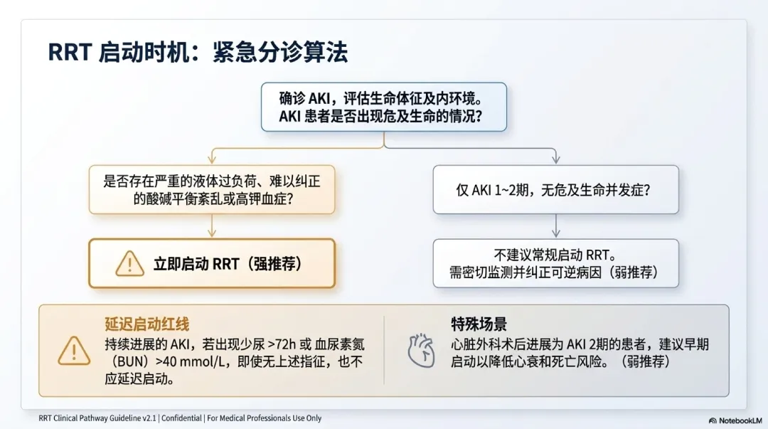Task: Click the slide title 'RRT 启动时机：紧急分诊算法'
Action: [x=198, y=53]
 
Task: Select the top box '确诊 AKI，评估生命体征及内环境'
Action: [x=383, y=107]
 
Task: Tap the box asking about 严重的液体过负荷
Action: [x=212, y=189]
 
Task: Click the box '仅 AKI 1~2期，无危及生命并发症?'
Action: [x=556, y=189]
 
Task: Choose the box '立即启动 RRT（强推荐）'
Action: [x=212, y=263]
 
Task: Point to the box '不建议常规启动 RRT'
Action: [x=556, y=263]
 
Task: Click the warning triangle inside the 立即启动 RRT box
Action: [x=130, y=264]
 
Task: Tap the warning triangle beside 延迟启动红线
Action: [x=74, y=351]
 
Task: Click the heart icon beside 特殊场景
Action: [x=421, y=351]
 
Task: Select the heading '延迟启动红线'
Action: [x=147, y=324]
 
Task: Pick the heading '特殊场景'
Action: [x=479, y=324]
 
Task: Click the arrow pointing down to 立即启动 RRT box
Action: [x=212, y=226]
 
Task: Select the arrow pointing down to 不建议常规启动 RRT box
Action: [x=556, y=226]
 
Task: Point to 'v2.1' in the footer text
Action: [x=149, y=418]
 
